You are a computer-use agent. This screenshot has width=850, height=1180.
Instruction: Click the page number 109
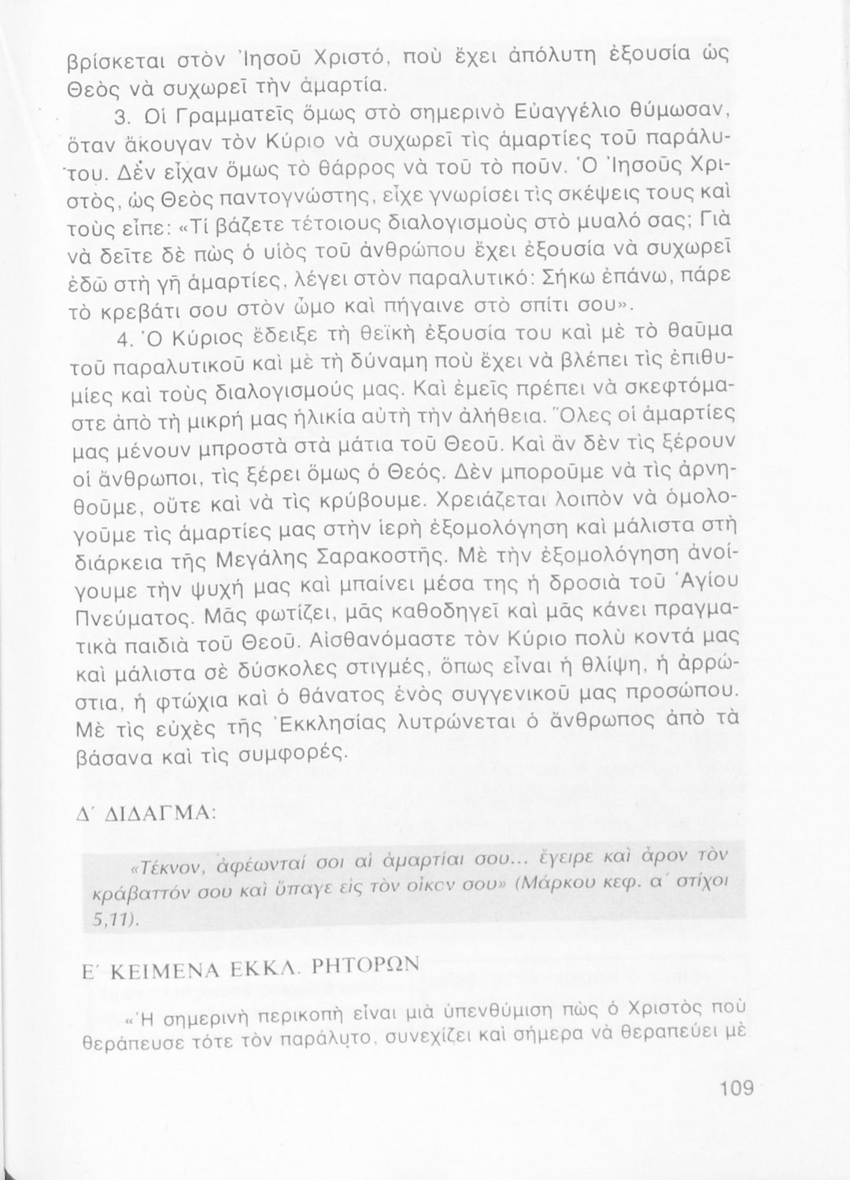pyautogui.click(x=737, y=1090)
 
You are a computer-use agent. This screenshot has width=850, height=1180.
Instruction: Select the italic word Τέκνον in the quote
pyautogui.click(x=168, y=868)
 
